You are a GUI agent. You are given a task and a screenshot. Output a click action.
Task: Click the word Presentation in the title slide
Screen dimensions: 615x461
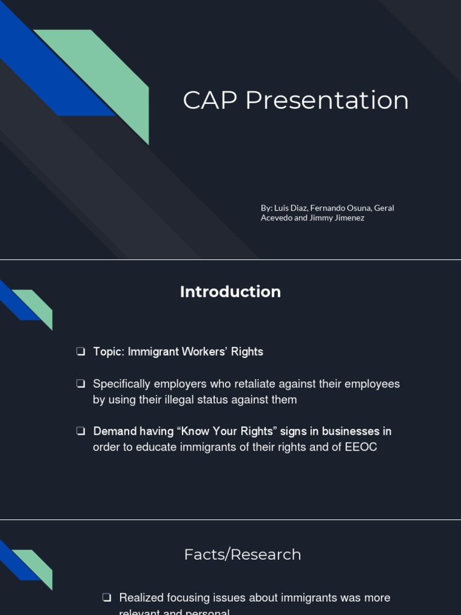click(x=327, y=100)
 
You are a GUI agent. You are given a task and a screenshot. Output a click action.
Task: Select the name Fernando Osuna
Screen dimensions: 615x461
click(x=340, y=208)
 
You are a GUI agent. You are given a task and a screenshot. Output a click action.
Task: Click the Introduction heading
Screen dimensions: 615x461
click(x=230, y=292)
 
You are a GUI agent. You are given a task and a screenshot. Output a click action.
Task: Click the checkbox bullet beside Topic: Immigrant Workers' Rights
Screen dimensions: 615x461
click(x=80, y=352)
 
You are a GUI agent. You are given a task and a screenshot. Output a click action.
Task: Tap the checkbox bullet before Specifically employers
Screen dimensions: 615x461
click(x=80, y=384)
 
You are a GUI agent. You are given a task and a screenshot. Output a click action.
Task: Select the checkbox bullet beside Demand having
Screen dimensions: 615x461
click(x=80, y=431)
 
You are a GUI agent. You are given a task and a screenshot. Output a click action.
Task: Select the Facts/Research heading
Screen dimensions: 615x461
click(x=243, y=554)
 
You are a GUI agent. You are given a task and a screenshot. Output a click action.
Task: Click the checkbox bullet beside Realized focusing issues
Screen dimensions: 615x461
click(x=106, y=598)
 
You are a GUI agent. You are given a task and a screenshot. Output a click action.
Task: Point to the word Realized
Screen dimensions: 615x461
click(x=142, y=598)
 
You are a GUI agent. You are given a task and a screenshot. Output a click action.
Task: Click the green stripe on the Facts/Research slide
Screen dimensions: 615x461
click(x=36, y=565)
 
